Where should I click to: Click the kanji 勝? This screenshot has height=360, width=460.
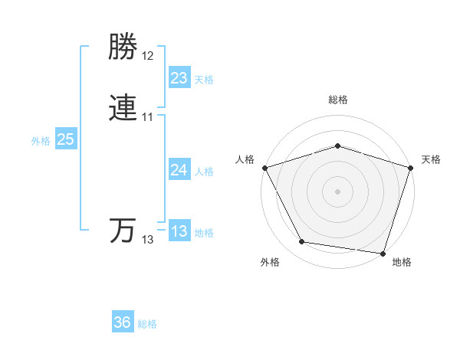coord(123,48)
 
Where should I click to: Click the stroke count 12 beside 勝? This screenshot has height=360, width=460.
coord(148,56)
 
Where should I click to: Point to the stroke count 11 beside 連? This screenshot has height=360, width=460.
coord(148,117)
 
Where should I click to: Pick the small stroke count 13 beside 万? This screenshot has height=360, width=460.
coord(148,240)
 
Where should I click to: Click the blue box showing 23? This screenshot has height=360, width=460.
coord(179,78)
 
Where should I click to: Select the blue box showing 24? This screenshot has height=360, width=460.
coord(179,170)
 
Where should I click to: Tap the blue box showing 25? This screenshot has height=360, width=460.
coord(65,139)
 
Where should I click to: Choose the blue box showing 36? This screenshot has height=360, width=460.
coord(123,322)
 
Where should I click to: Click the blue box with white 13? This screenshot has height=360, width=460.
coord(179,231)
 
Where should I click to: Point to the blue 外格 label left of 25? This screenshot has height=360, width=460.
coord(41,141)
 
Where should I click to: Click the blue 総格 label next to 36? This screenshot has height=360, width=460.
coord(147,324)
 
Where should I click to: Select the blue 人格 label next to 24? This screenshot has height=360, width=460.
coord(204,172)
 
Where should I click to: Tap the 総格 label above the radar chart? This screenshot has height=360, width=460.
coord(337,100)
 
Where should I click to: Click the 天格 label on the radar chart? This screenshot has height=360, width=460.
coord(431,159)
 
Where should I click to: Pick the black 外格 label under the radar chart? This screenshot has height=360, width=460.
coord(270,263)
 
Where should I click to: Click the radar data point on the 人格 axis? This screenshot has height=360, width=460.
coord(264,168)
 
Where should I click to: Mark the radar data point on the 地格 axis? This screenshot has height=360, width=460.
coord(383,253)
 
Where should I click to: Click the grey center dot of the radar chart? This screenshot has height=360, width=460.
coord(337,191)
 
